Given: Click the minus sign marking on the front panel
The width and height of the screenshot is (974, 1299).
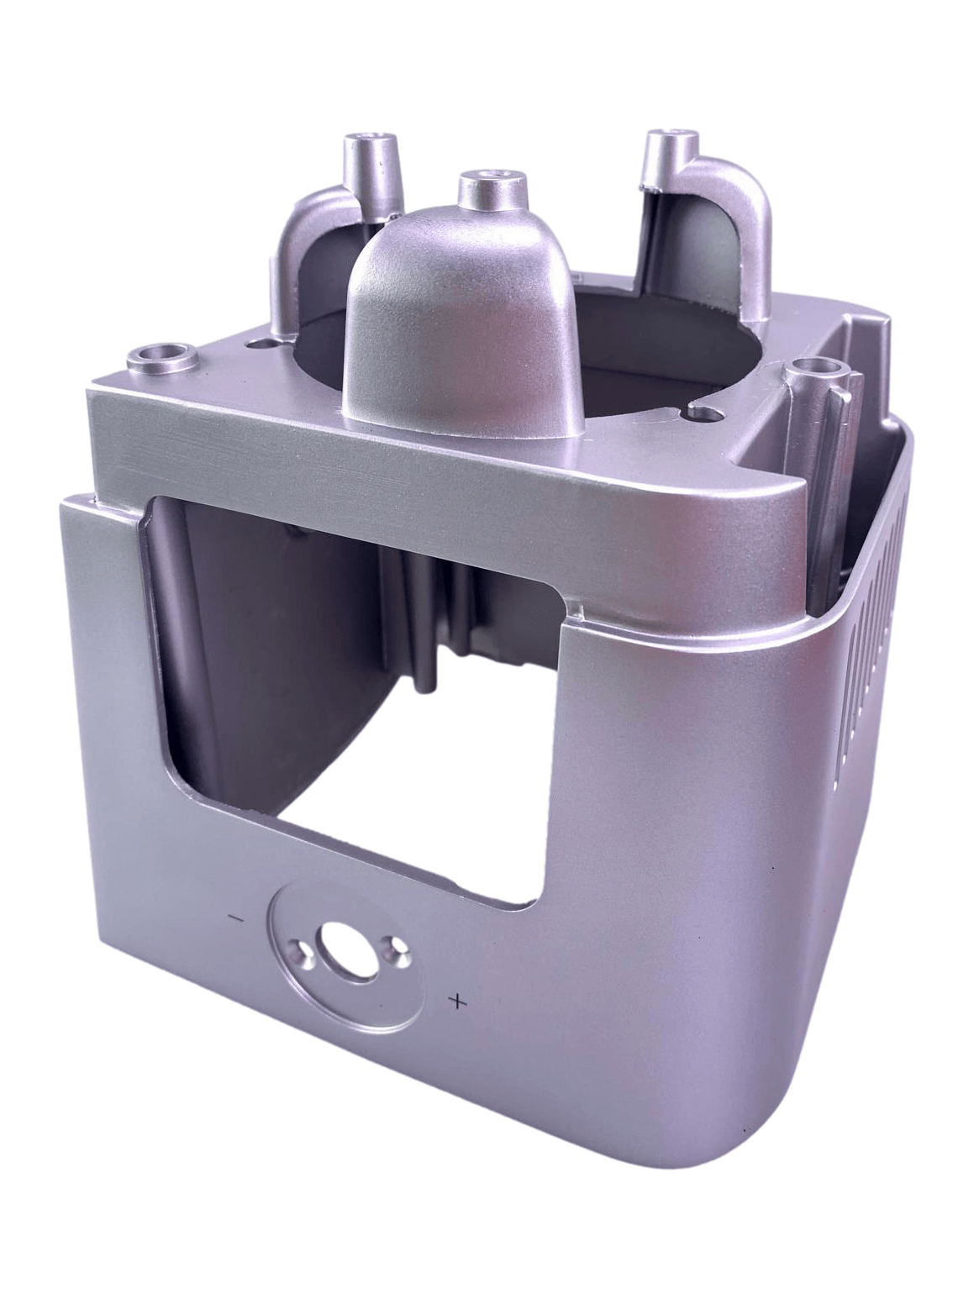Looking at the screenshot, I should (236, 918).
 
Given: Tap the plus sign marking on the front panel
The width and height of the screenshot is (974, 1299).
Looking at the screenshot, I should (458, 1000).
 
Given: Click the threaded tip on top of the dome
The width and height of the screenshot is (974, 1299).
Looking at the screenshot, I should (488, 178).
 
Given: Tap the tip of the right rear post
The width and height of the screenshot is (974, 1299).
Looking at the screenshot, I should (669, 137).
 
